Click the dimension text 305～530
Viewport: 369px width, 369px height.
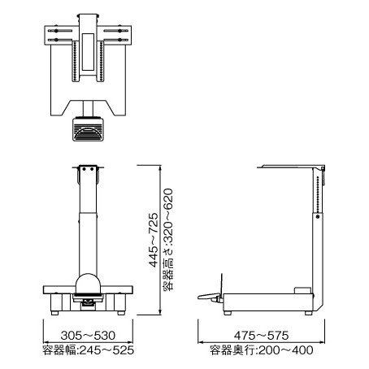point(88,336)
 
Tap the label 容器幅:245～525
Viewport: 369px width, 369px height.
point(89,350)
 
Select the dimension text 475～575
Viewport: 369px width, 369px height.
point(262,336)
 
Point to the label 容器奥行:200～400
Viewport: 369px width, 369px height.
point(262,350)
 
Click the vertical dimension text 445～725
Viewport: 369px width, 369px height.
point(154,240)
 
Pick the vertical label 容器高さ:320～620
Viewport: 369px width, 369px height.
point(168,240)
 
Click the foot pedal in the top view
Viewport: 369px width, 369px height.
point(88,129)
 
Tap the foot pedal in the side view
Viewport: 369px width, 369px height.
point(210,297)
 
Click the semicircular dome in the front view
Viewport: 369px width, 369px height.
point(89,284)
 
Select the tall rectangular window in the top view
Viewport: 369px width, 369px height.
point(88,52)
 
